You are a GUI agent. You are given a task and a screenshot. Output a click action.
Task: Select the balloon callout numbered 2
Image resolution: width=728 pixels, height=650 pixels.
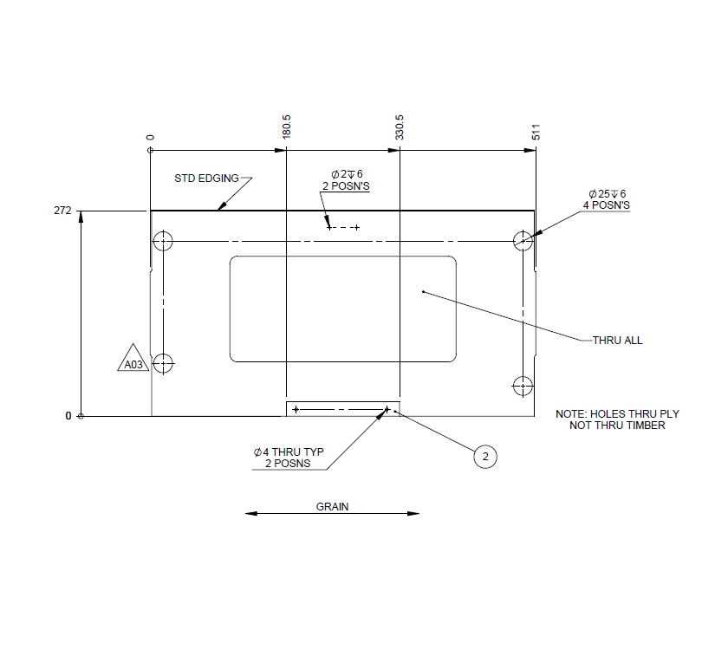[485, 457]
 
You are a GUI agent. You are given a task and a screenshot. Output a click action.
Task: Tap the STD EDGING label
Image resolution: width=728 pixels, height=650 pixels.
[206, 179]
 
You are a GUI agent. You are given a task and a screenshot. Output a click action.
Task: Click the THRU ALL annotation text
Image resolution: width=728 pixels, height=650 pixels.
[617, 341]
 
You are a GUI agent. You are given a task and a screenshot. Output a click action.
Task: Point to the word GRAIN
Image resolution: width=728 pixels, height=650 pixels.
[332, 507]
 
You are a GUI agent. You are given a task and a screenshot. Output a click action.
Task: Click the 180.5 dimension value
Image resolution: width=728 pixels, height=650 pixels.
[287, 128]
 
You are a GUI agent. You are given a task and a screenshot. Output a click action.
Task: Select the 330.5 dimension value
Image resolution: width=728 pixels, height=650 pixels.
[400, 128]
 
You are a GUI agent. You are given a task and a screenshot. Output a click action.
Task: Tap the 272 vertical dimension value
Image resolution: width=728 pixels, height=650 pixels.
[62, 211]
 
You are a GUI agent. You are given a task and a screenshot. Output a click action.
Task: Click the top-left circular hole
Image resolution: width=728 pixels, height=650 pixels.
[162, 240]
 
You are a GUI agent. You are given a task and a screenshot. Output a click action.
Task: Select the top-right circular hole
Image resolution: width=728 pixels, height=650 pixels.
[522, 240]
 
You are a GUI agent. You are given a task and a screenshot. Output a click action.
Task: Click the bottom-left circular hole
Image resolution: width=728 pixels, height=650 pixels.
[162, 362]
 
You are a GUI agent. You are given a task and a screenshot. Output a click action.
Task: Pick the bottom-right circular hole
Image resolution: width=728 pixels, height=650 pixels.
[522, 384]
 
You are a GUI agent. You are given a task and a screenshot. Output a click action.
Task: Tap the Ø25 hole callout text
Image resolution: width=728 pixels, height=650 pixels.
[607, 199]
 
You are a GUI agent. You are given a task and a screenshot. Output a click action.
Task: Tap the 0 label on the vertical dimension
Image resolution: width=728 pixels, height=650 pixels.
[68, 416]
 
